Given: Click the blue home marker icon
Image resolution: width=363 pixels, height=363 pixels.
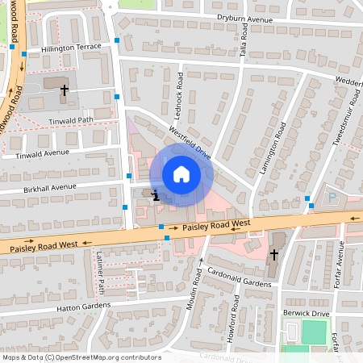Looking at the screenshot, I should pos(181,174).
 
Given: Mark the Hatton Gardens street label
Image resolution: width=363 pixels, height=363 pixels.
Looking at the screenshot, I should pos(83,307).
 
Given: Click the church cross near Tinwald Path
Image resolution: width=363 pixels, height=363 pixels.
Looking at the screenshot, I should pos(64,90).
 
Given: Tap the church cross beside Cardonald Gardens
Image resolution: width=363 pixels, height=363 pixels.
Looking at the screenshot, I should pos(274,255).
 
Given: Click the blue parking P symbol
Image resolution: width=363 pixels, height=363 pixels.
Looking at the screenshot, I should pos(332,197).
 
